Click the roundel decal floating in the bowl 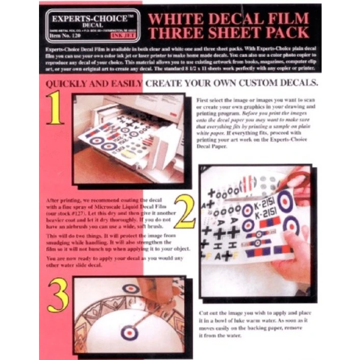(x=130, y=332)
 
